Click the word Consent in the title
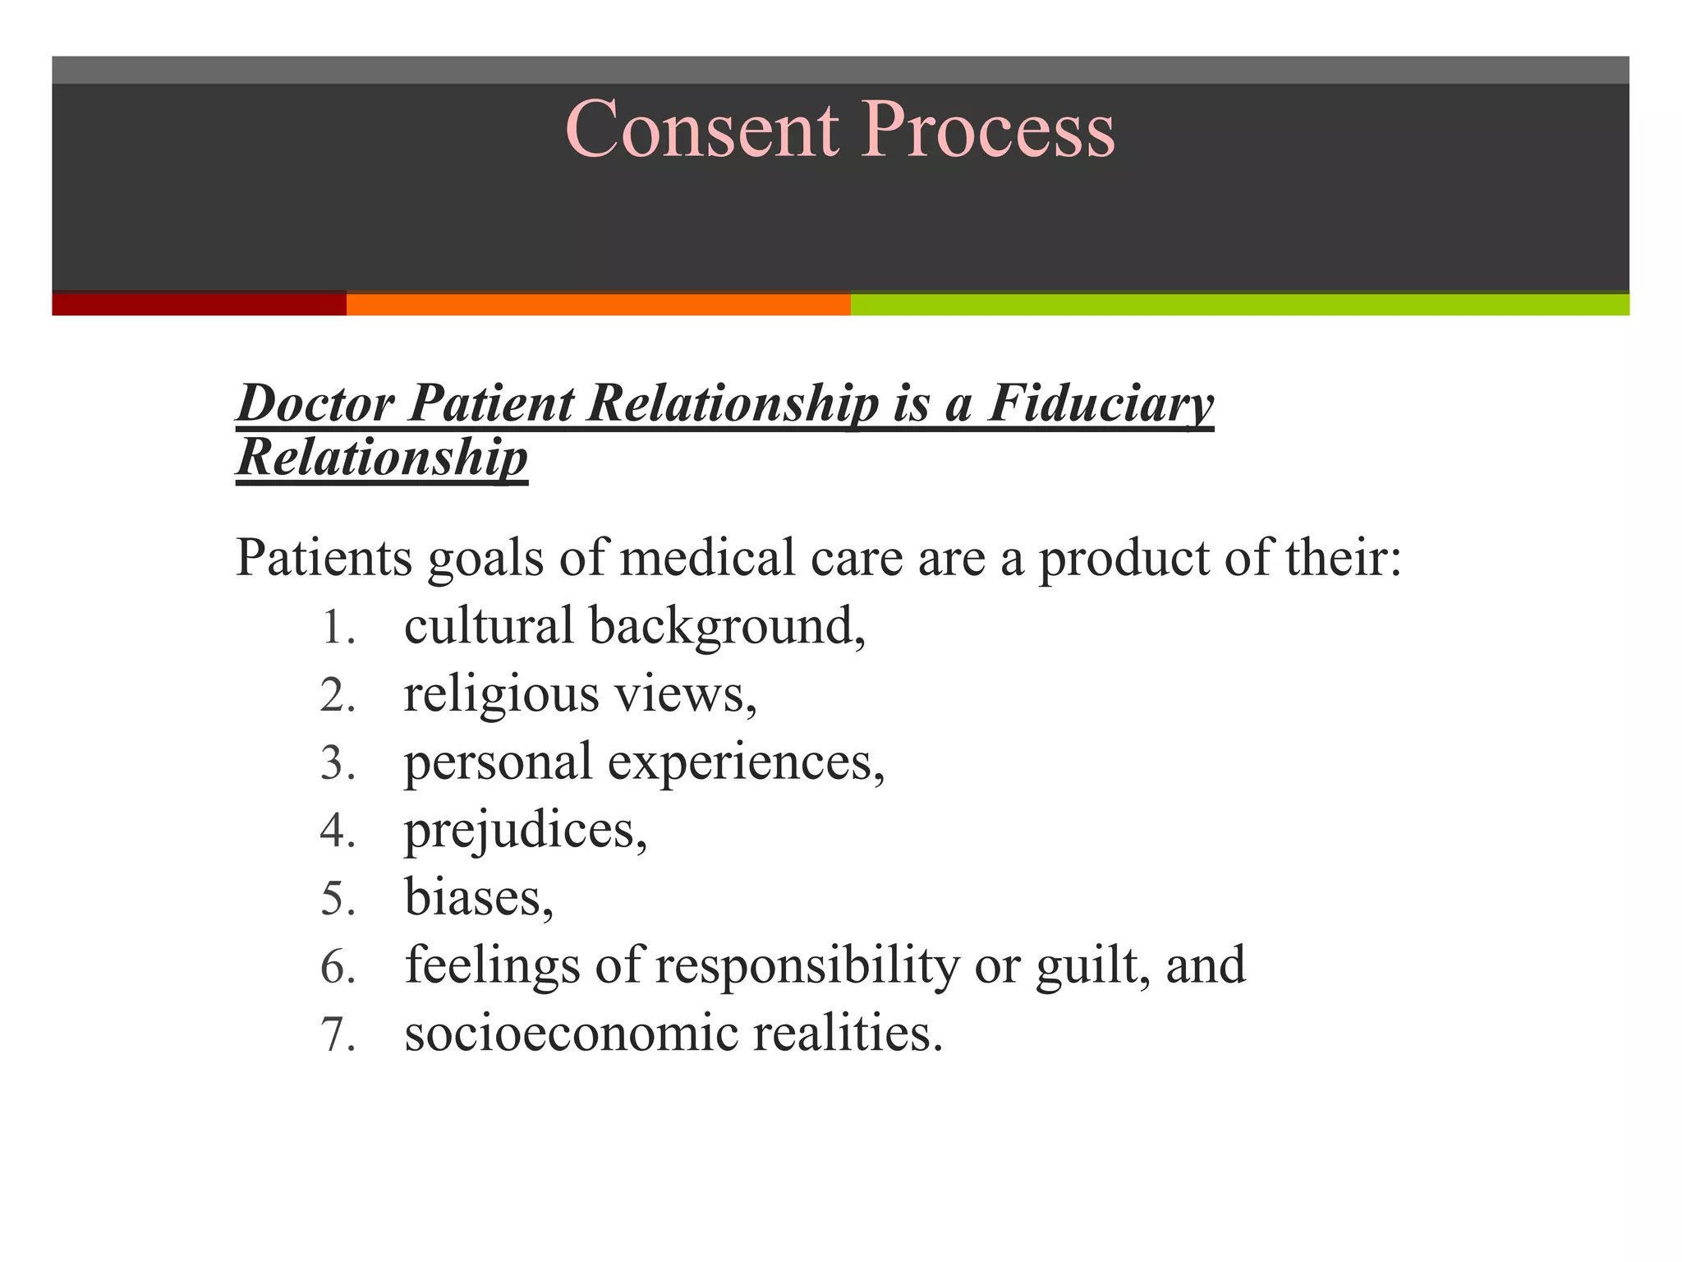click(x=702, y=130)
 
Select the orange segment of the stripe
click(x=598, y=304)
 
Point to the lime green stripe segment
click(x=1239, y=304)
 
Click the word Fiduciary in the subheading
click(x=1100, y=404)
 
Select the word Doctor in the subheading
click(x=315, y=404)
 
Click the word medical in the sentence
click(x=707, y=558)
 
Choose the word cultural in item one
click(x=488, y=626)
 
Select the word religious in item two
click(x=501, y=695)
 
